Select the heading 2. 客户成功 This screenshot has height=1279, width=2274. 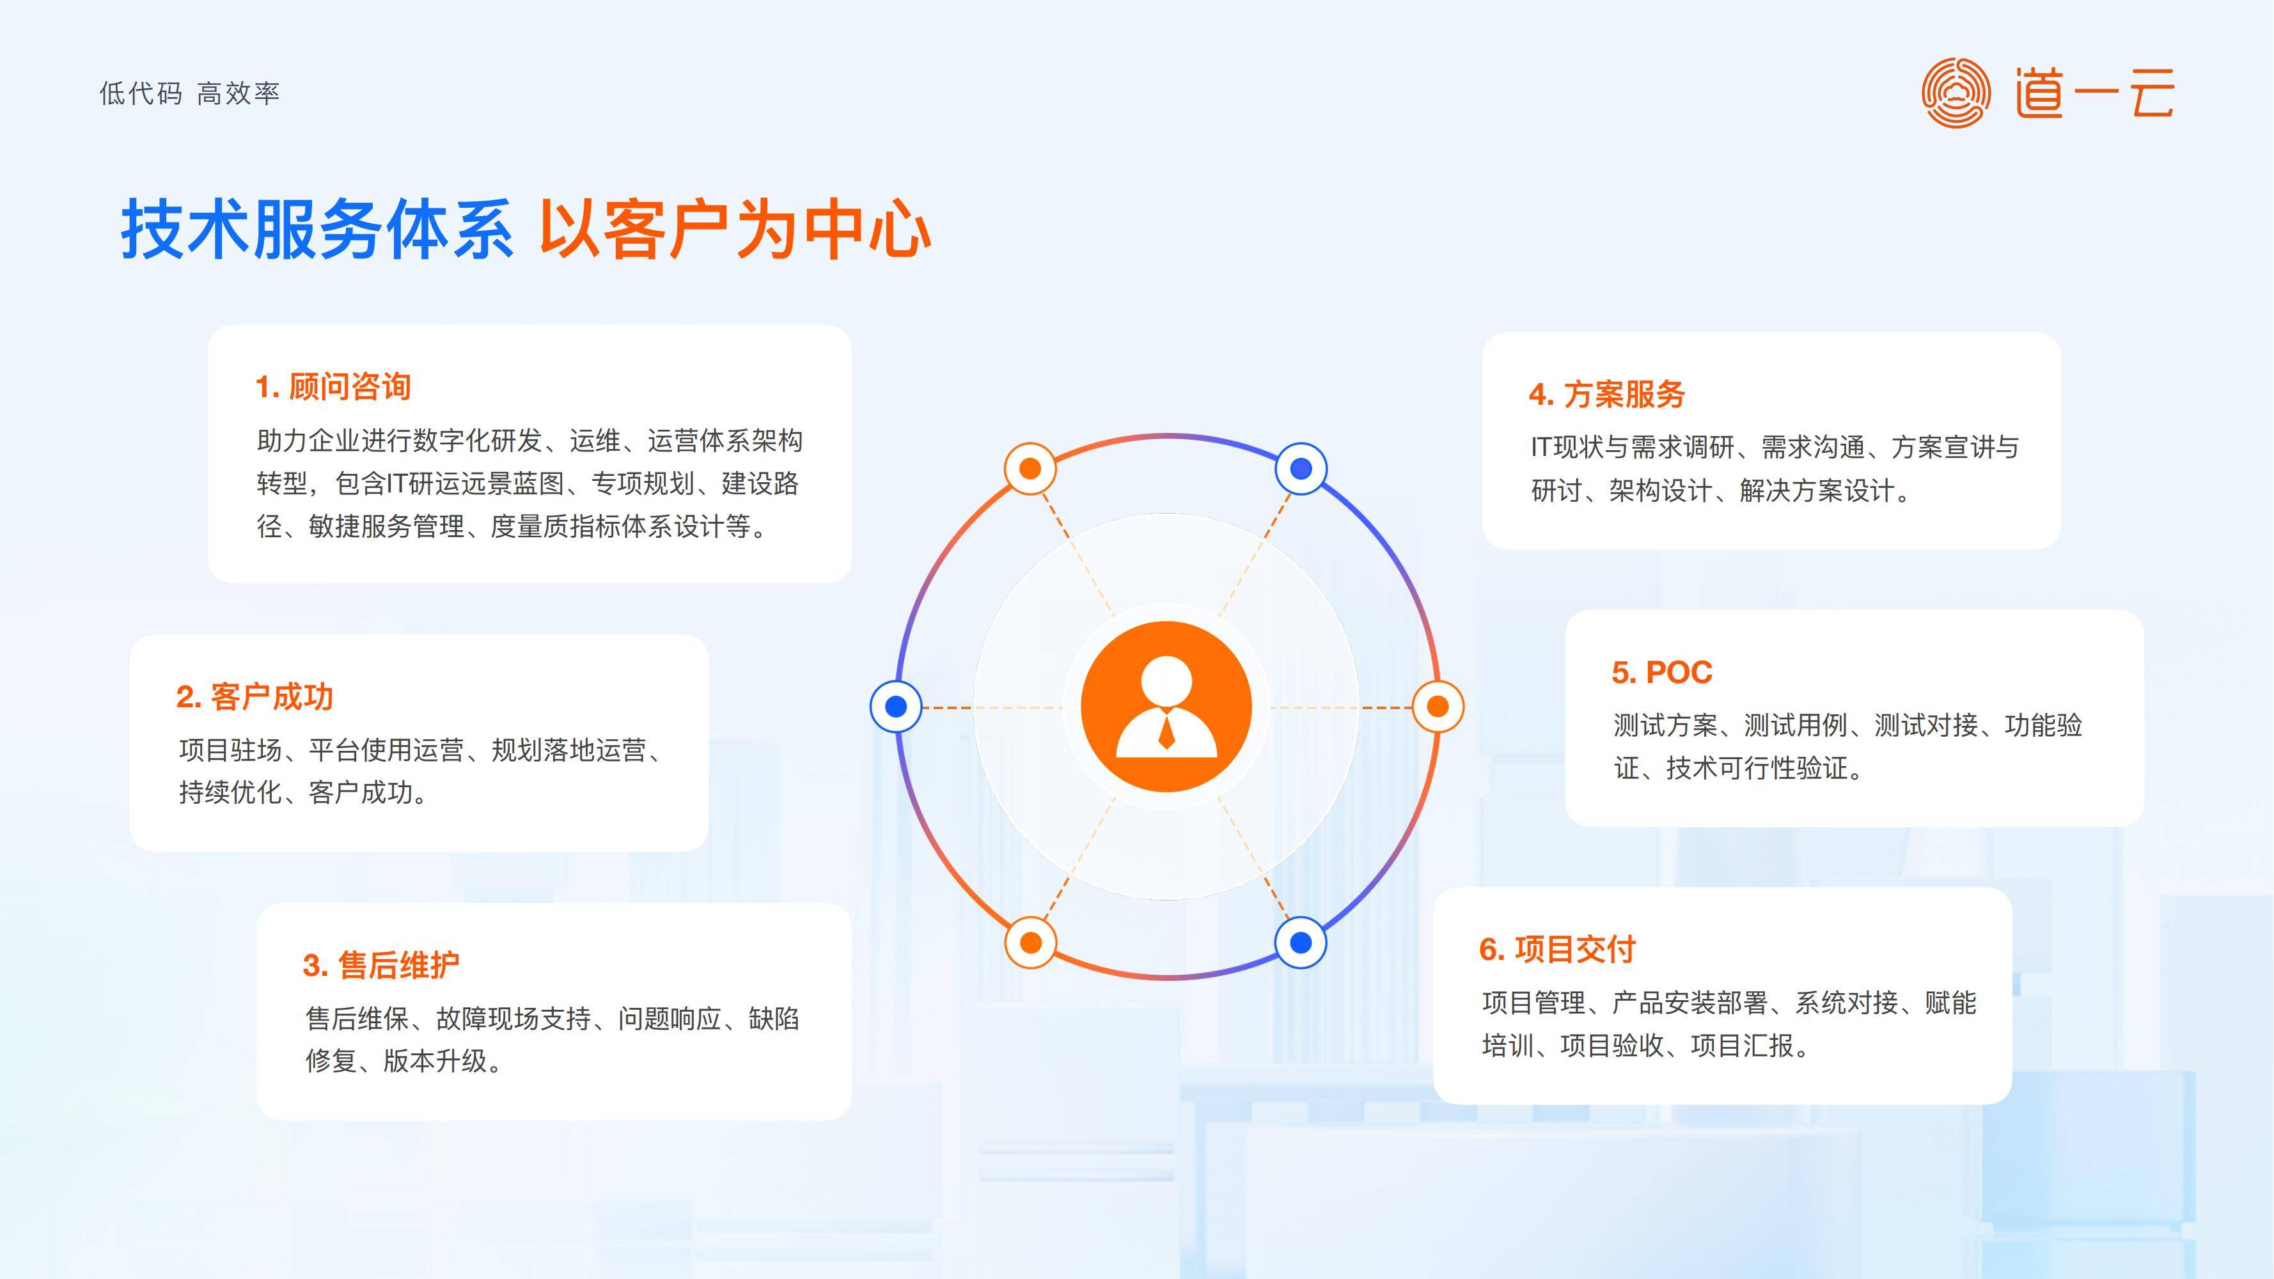click(x=255, y=697)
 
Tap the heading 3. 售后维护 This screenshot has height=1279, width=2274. click(x=380, y=966)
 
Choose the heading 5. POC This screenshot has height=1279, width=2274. click(x=1661, y=673)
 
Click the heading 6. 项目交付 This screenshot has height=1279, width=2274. click(x=1557, y=950)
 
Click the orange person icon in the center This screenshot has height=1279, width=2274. click(x=1166, y=706)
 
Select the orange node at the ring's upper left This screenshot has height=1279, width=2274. click(x=1030, y=469)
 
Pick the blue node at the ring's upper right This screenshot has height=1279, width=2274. click(x=1301, y=469)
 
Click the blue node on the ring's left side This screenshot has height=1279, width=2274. click(x=896, y=706)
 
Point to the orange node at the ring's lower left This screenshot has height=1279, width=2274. click(x=1030, y=943)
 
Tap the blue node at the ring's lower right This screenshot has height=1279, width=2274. click(x=1301, y=943)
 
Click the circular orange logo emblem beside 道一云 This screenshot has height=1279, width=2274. click(x=1956, y=93)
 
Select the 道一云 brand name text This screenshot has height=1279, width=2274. click(x=2094, y=93)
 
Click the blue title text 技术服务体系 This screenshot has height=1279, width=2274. click(x=318, y=230)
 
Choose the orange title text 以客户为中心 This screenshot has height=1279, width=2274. click(x=735, y=230)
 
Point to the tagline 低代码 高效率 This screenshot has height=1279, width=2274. click(x=190, y=93)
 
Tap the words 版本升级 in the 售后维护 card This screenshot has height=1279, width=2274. click(x=435, y=1061)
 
